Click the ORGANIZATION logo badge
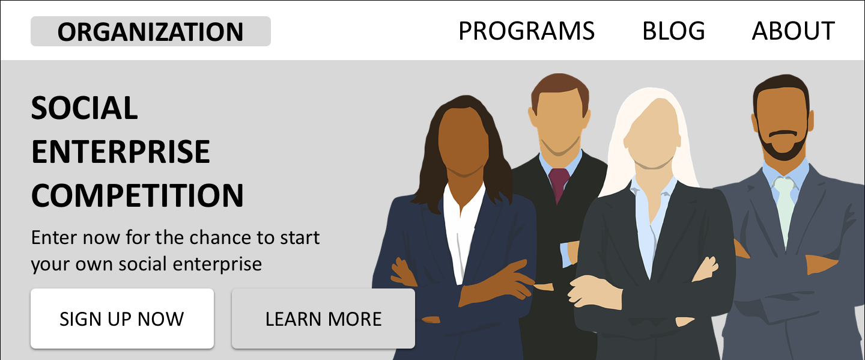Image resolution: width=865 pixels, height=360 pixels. [x=151, y=31]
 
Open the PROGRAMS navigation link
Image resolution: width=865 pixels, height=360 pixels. [x=526, y=31]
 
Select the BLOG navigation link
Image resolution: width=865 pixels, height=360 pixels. [x=673, y=31]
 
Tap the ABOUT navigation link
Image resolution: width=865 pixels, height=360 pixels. [x=793, y=31]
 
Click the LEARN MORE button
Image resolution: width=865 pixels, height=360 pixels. [x=323, y=319]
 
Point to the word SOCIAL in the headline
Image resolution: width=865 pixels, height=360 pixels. [x=84, y=108]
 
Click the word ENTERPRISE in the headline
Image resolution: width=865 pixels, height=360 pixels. [x=121, y=152]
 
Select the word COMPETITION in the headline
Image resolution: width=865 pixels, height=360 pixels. [x=137, y=196]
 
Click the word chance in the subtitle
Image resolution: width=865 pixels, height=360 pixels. [x=220, y=237]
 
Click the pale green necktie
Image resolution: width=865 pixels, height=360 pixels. [x=785, y=210]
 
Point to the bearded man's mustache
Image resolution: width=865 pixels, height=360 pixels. [x=782, y=133]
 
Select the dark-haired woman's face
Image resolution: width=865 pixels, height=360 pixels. [x=463, y=141]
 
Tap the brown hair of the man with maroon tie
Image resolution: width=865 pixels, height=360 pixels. [x=560, y=90]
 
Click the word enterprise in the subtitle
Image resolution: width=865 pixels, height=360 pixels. [x=217, y=264]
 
